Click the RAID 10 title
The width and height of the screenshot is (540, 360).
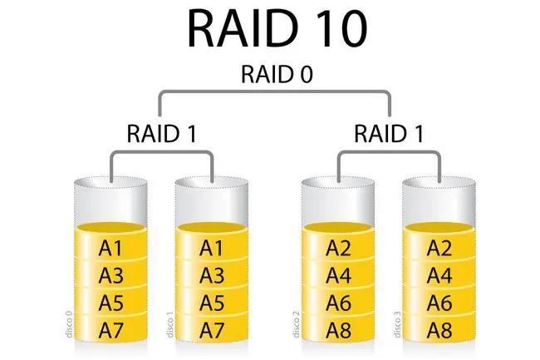tap(277, 28)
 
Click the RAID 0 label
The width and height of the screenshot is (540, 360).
tap(277, 74)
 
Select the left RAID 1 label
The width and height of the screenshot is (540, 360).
tap(162, 134)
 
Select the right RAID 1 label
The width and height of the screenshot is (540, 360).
tap(389, 134)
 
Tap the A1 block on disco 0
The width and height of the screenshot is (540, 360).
tap(110, 245)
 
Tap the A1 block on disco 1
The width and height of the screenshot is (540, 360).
tap(212, 245)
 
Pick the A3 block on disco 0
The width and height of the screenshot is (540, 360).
tap(110, 274)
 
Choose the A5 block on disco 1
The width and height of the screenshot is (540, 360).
tap(212, 302)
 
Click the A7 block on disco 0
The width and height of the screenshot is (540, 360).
tap(110, 330)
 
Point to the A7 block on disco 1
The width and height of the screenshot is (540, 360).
tap(212, 330)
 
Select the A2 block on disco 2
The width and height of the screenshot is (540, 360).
tap(338, 245)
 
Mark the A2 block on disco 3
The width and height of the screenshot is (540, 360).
tap(439, 245)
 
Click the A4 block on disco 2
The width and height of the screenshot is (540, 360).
tap(338, 274)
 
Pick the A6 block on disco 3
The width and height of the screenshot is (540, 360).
tap(439, 302)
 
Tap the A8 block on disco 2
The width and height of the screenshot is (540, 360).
tap(338, 330)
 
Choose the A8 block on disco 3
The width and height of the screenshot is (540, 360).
tap(439, 330)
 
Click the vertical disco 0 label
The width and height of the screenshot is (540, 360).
tap(69, 324)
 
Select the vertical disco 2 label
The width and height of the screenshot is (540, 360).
tap(296, 324)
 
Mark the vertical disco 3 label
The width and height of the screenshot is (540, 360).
tap(397, 324)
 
